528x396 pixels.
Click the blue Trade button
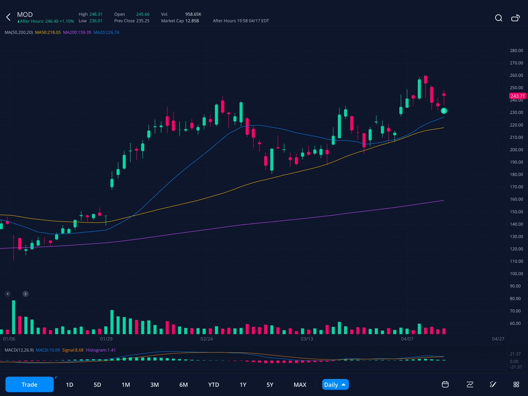coord(30,385)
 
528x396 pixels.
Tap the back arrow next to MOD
coord(8,18)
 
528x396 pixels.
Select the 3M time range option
coord(154,385)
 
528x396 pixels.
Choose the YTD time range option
coord(214,385)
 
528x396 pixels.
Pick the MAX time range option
coord(300,385)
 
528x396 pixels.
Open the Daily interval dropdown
coord(335,385)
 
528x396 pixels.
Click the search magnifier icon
coord(498,18)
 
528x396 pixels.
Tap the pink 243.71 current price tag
coord(517,96)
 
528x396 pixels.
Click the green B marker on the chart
coord(444,111)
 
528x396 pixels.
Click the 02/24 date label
coord(207,339)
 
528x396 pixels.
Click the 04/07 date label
coord(407,339)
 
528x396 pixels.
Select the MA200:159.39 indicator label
coord(77,33)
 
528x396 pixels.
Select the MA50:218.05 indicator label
coord(48,33)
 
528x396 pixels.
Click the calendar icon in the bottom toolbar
coord(445,385)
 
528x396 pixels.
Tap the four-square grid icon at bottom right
coord(516,385)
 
